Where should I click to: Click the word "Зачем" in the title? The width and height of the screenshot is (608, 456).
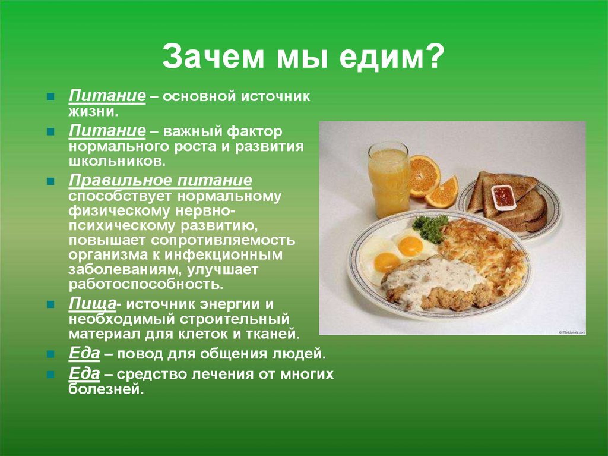point(213,56)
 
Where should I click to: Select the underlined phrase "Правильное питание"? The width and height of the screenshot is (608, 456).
point(160,181)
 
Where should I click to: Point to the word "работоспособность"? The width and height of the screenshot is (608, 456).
point(146,284)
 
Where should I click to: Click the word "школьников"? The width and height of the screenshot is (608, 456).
point(117,161)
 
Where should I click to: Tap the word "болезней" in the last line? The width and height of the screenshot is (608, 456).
point(106,389)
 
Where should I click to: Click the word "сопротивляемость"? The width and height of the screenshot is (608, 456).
point(223,240)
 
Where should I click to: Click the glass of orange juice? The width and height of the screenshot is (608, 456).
point(389,180)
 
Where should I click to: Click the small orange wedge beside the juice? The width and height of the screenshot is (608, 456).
point(443,193)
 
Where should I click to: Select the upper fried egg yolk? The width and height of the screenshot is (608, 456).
point(410,245)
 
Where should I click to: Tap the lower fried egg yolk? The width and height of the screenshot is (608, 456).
point(387,262)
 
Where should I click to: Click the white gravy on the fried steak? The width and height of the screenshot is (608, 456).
point(431,277)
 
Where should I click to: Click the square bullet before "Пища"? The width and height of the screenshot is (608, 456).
point(50,304)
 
